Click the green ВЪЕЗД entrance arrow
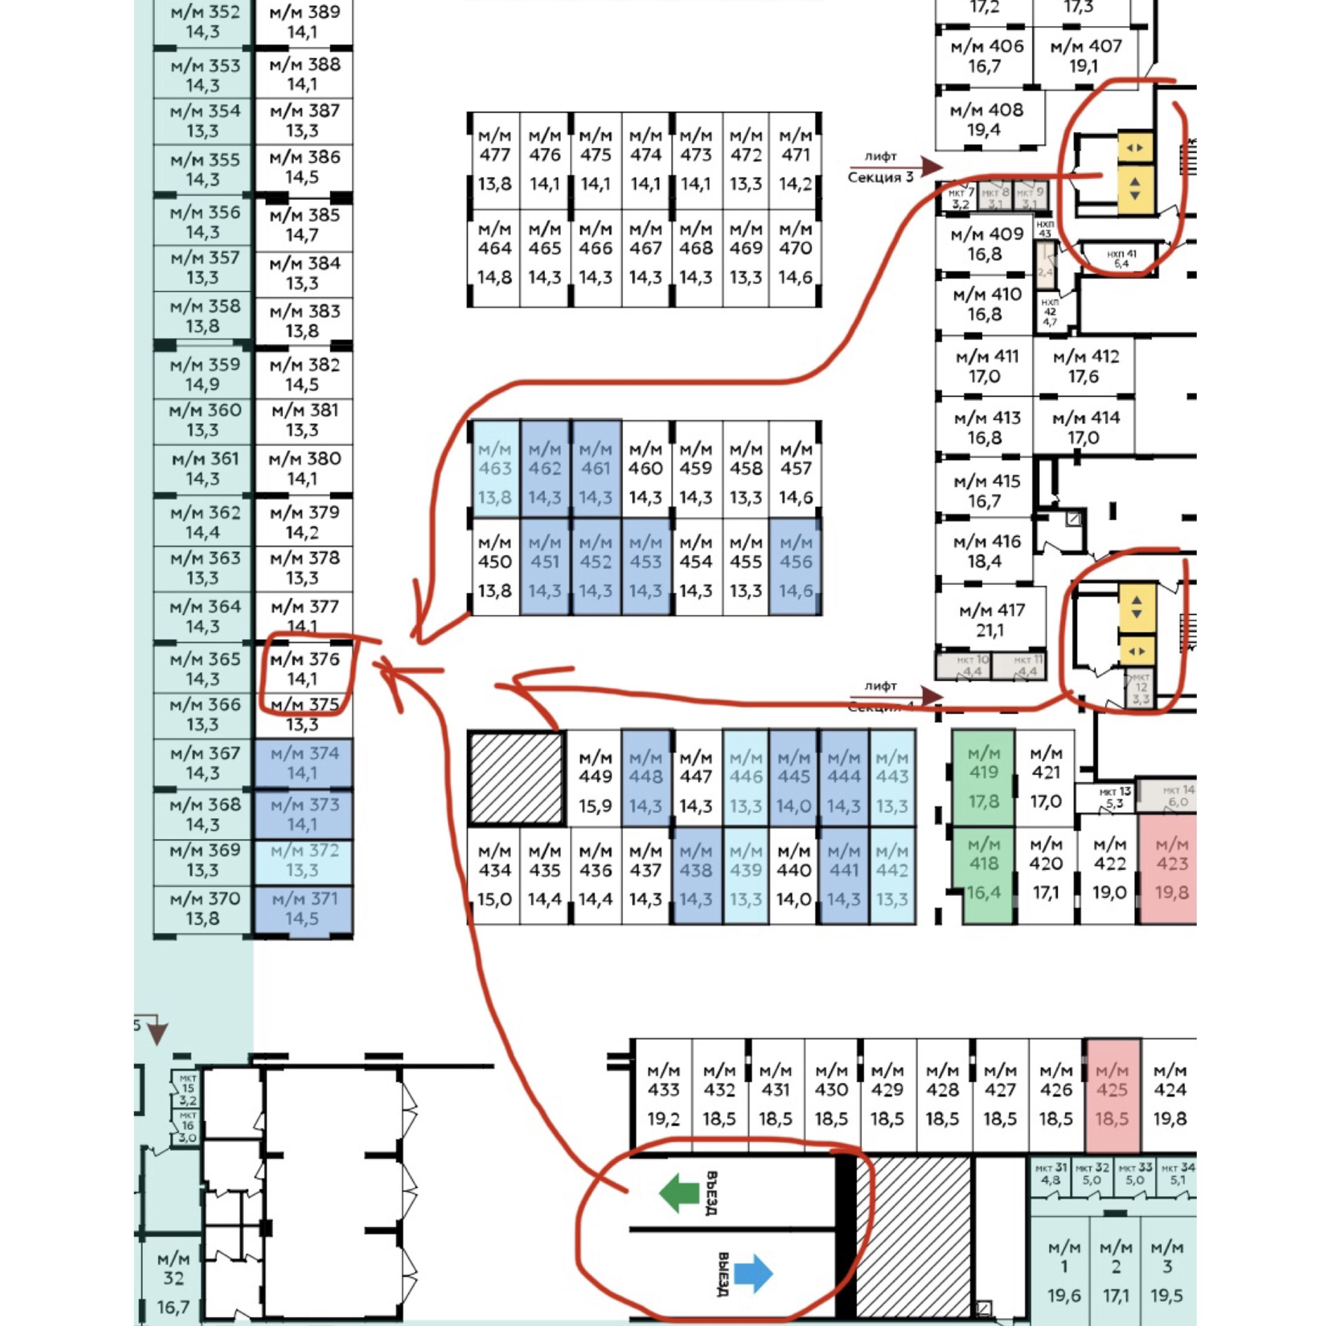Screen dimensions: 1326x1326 pos(680,1193)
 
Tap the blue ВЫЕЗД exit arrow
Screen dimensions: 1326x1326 pos(753,1273)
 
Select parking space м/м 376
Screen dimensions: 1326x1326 pos(305,669)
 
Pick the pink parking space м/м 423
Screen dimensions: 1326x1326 pos(1171,868)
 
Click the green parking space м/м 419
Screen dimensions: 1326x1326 pos(983,777)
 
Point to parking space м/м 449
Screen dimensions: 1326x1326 pos(595,778)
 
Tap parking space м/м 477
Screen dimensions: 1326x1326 pos(494,160)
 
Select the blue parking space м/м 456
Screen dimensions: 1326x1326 pos(796,566)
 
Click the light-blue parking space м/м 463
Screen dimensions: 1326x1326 pos(494,473)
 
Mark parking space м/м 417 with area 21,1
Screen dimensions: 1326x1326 pos(991,619)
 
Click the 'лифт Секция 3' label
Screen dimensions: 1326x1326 pos(881,167)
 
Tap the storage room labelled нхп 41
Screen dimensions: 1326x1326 pos(1121,258)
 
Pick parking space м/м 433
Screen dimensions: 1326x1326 pos(663,1094)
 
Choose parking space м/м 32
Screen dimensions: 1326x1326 pos(173,1282)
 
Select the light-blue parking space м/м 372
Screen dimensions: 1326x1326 pos(304,860)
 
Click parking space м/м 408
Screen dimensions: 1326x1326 pos(986,119)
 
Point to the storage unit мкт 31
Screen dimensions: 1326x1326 pos(1050,1173)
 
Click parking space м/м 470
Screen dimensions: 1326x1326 pos(796,253)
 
